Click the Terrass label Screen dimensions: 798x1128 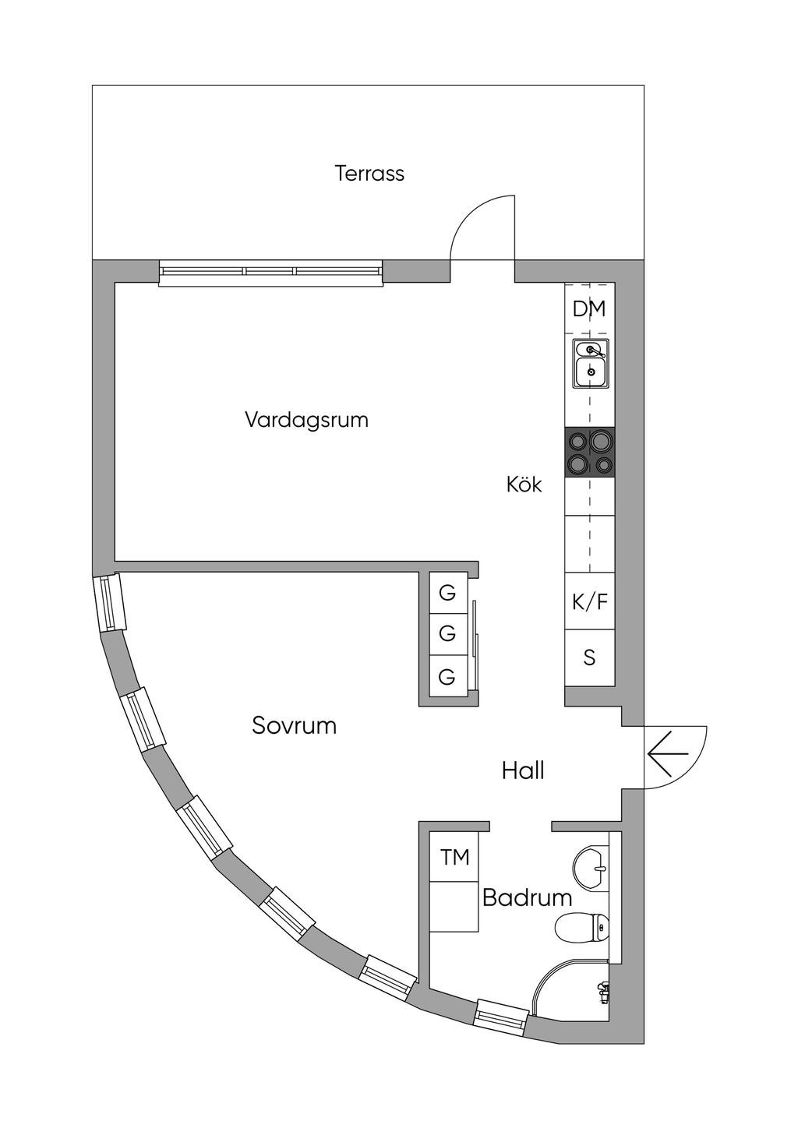(x=369, y=173)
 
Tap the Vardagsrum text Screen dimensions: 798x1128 (x=307, y=420)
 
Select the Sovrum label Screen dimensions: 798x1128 (x=294, y=726)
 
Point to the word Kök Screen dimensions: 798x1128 (x=524, y=485)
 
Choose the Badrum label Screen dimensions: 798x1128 (x=527, y=897)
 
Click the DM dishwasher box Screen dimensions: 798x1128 (x=589, y=308)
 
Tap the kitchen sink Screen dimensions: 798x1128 (x=590, y=363)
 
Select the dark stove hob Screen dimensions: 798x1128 (x=590, y=452)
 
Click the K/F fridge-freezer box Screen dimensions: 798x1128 (x=590, y=601)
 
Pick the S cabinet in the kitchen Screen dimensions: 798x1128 (x=590, y=657)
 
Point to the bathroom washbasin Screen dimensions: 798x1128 (x=591, y=868)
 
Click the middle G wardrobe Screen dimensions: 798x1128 (x=447, y=633)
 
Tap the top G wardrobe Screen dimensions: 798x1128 (x=447, y=593)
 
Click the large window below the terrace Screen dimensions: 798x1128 (x=270, y=273)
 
